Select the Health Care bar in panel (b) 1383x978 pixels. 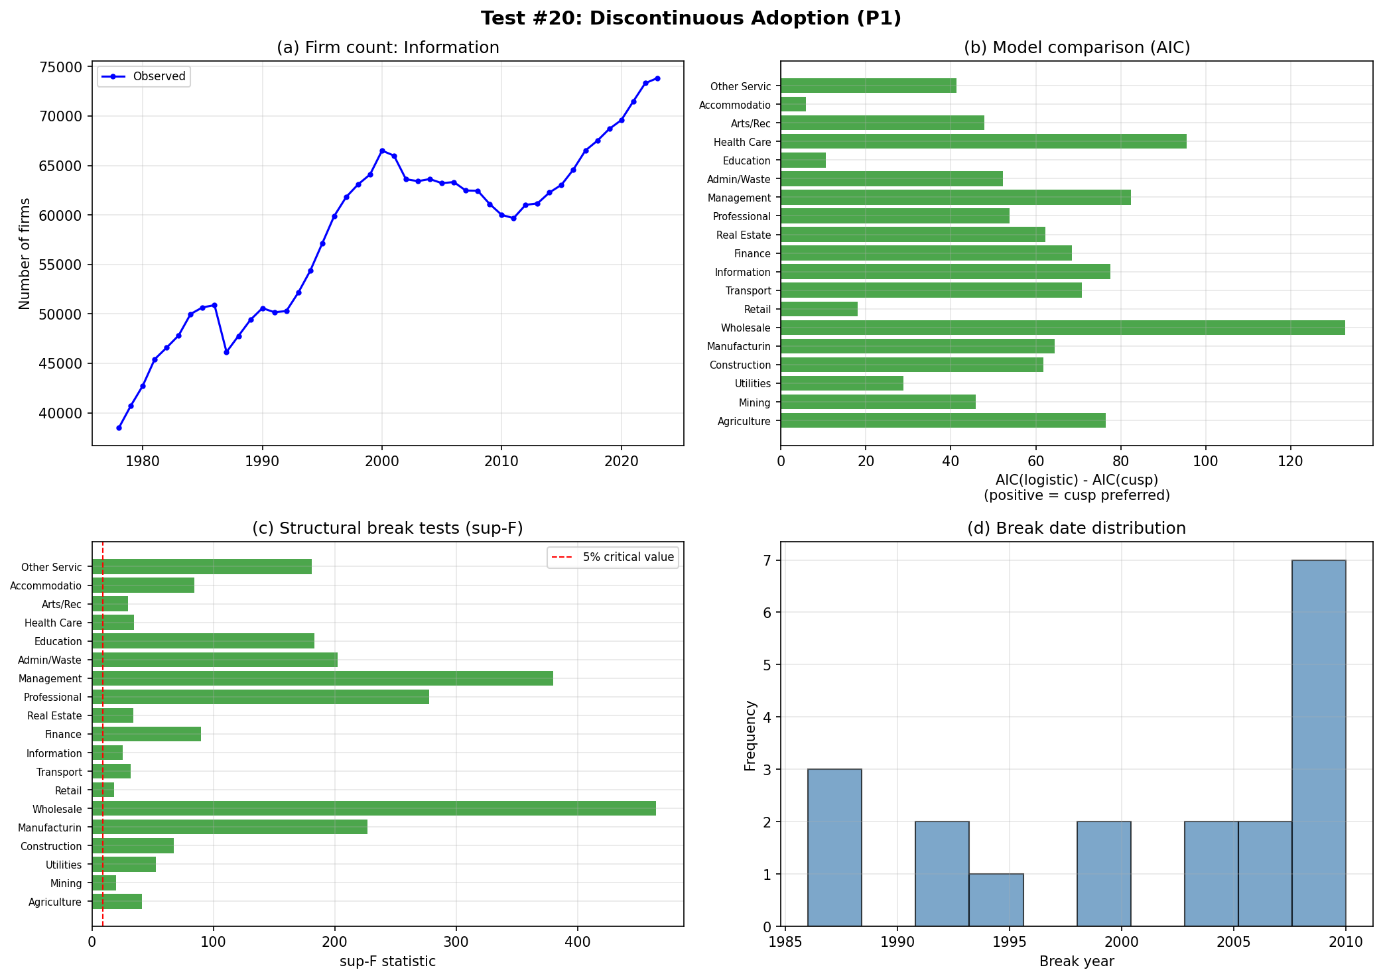983,142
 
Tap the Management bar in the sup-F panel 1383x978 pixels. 322,678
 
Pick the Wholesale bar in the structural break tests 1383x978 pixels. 373,808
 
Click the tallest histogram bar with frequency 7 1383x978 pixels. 1318,743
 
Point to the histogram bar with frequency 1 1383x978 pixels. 996,900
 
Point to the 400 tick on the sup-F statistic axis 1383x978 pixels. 577,942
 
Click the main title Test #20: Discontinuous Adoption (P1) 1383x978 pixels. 691,19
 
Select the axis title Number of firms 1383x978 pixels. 25,253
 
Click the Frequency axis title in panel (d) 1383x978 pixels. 750,735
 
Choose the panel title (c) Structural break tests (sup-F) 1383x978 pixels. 387,528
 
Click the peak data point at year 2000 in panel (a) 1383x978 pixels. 382,151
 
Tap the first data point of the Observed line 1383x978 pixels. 119,428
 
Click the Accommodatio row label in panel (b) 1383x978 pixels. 735,105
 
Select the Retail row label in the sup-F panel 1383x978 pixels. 68,790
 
